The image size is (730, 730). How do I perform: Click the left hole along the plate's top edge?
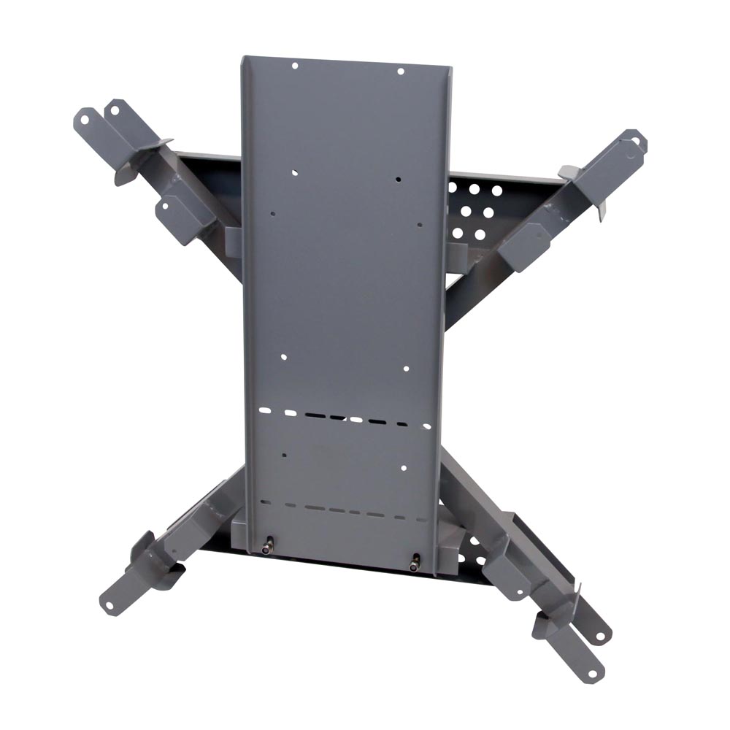tap(295, 66)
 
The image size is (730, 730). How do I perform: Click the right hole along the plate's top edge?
tap(400, 71)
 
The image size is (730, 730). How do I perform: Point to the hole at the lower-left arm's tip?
tap(110, 604)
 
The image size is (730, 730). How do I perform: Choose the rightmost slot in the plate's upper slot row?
tap(426, 426)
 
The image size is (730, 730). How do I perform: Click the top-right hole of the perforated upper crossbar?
tap(497, 191)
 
